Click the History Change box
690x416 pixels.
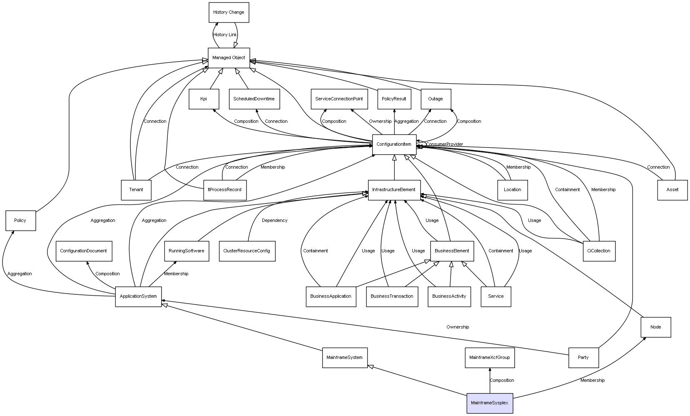pos(229,12)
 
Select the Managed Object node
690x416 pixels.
pos(229,57)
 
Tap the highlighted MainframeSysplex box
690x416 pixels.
pos(489,403)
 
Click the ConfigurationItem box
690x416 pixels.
pos(394,144)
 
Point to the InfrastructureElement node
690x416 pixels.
pos(394,190)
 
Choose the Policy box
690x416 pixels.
pos(20,220)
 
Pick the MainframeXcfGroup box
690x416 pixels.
pos(489,358)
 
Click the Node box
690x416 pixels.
pos(655,327)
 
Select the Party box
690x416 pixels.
pos(583,358)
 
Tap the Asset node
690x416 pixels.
pos(672,190)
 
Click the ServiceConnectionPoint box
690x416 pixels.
pos(339,99)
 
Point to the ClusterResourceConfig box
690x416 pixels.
pos(247,251)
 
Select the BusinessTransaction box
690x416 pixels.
pos(392,296)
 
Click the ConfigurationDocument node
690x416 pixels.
pos(84,251)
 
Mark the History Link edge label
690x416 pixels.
pos(225,35)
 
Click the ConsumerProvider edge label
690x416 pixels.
pos(444,144)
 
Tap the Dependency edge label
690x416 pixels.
pos(274,221)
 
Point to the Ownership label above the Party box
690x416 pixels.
pos(458,327)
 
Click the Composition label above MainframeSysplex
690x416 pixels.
pos(502,381)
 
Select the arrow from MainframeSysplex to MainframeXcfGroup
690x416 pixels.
pos(490,381)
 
